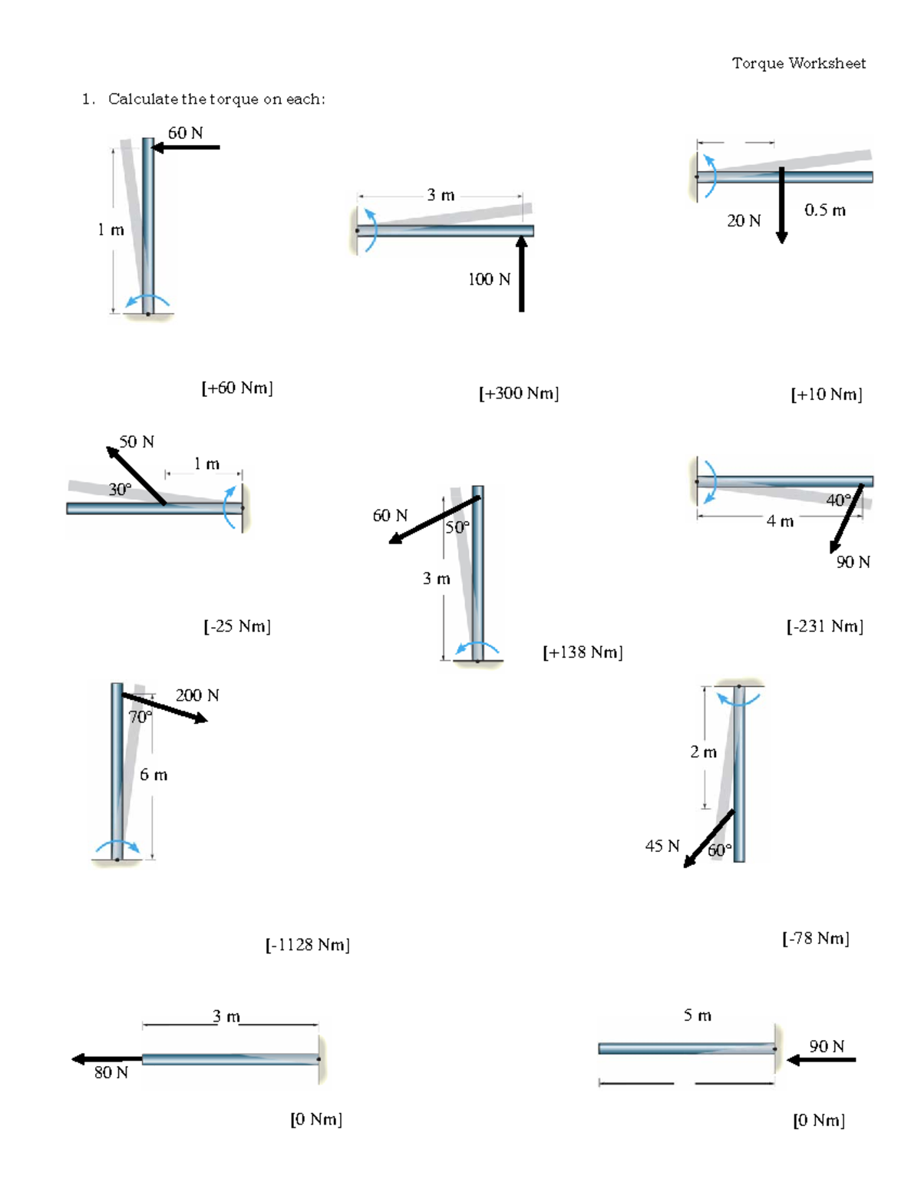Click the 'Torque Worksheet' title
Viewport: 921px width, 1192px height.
[x=798, y=63]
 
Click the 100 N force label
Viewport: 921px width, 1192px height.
[x=489, y=279]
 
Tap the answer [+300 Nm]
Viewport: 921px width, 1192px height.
[x=519, y=393]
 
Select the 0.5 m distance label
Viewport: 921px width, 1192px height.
[x=825, y=210]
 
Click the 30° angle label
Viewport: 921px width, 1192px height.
[x=120, y=489]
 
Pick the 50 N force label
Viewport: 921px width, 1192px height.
[x=137, y=442]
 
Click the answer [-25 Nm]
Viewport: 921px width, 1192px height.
[x=237, y=626]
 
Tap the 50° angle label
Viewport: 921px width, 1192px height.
[x=457, y=527]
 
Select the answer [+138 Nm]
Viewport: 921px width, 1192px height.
[x=583, y=652]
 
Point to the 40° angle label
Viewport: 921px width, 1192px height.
[x=838, y=500]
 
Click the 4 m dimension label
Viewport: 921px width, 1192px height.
[x=780, y=522]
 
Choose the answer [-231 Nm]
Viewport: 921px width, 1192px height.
[x=825, y=626]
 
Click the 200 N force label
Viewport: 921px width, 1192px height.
[x=197, y=695]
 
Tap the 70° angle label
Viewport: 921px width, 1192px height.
[x=140, y=717]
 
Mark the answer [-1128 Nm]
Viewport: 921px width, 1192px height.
[x=308, y=945]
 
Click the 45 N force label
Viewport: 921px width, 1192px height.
[x=662, y=846]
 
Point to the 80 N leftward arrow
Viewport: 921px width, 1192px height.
[x=107, y=1059]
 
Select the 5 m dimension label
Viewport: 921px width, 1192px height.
[x=698, y=1015]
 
